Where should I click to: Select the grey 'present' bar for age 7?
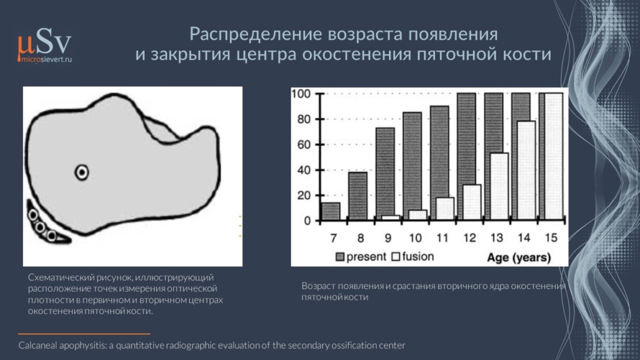tap(331, 211)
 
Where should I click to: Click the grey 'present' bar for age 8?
tap(358, 196)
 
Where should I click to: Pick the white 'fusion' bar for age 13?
tap(499, 187)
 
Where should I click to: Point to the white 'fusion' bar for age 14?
tap(526, 171)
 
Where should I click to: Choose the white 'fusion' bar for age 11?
tap(445, 209)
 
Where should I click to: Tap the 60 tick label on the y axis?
tap(303, 145)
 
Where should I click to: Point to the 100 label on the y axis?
tap(301, 94)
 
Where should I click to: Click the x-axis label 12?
tap(469, 238)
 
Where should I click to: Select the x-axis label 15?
tap(551, 238)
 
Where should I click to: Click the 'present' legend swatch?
tap(340, 257)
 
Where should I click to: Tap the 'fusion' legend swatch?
tap(396, 257)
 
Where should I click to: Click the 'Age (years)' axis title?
tap(519, 258)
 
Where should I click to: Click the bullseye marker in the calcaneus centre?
tap(82, 172)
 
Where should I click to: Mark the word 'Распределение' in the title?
tap(256, 34)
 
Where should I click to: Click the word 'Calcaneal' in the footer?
tap(38, 345)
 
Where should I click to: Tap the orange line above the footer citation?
tap(84, 334)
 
